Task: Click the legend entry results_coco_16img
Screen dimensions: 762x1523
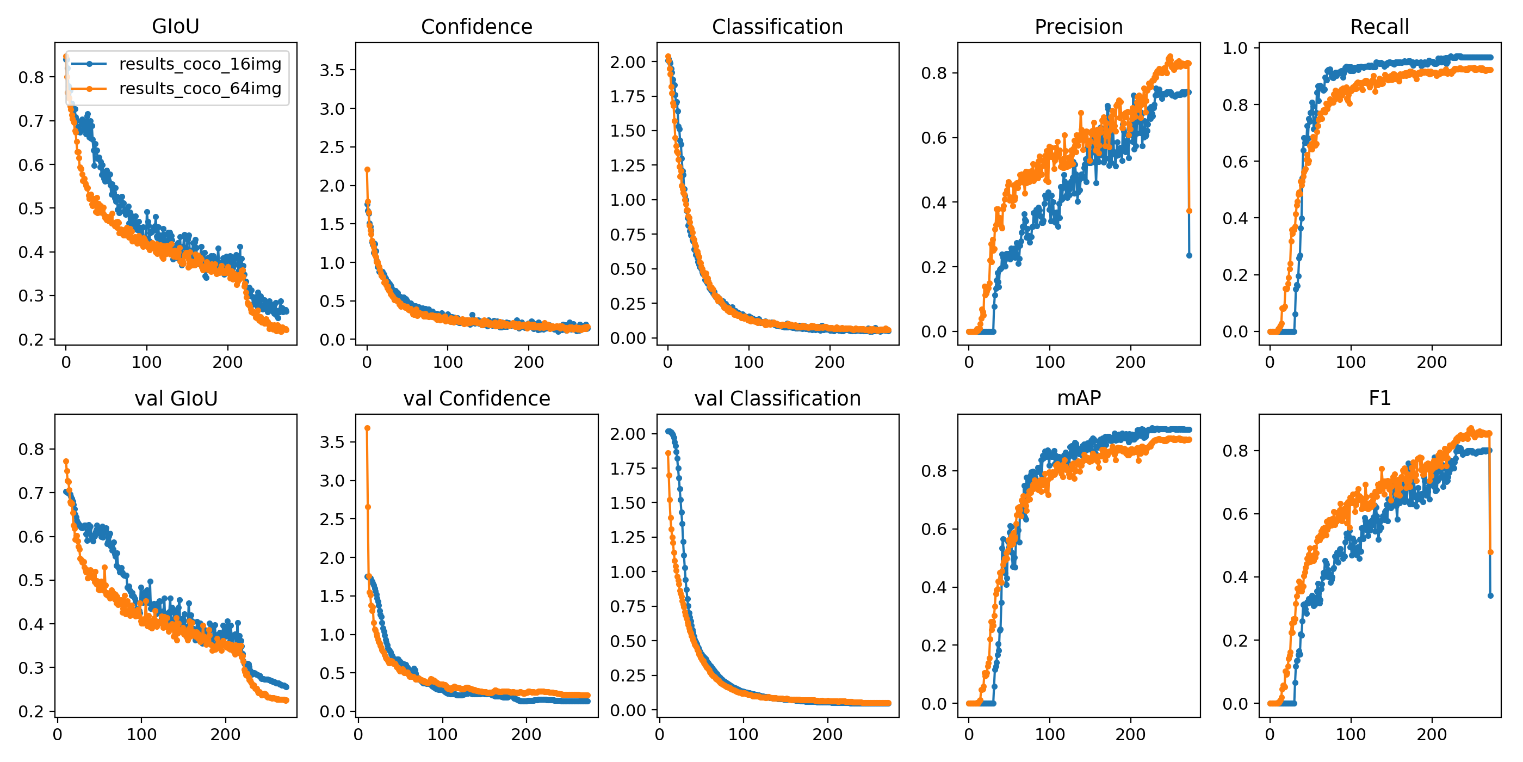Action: [200, 64]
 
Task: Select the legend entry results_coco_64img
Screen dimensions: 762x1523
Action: [200, 89]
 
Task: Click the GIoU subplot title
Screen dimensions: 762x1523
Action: [176, 27]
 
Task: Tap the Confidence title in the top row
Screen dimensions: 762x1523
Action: [476, 27]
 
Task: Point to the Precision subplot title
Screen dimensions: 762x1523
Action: [1079, 27]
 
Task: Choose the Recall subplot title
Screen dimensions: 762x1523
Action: [1379, 27]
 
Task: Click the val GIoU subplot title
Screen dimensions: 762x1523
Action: [176, 398]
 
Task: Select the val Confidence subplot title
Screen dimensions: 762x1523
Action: [476, 398]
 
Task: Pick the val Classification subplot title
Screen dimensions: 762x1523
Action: [777, 398]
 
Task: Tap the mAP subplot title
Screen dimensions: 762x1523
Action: [1079, 398]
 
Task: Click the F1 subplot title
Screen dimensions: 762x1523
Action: [1379, 398]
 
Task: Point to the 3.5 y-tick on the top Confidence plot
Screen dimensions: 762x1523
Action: [332, 70]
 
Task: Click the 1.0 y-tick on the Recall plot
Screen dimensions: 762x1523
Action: [1235, 48]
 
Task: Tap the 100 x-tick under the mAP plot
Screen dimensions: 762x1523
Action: [1049, 734]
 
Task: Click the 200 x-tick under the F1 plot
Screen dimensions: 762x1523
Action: [1432, 734]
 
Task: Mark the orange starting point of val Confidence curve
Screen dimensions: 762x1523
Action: [367, 428]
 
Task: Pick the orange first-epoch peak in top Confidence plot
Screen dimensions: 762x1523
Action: [367, 170]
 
